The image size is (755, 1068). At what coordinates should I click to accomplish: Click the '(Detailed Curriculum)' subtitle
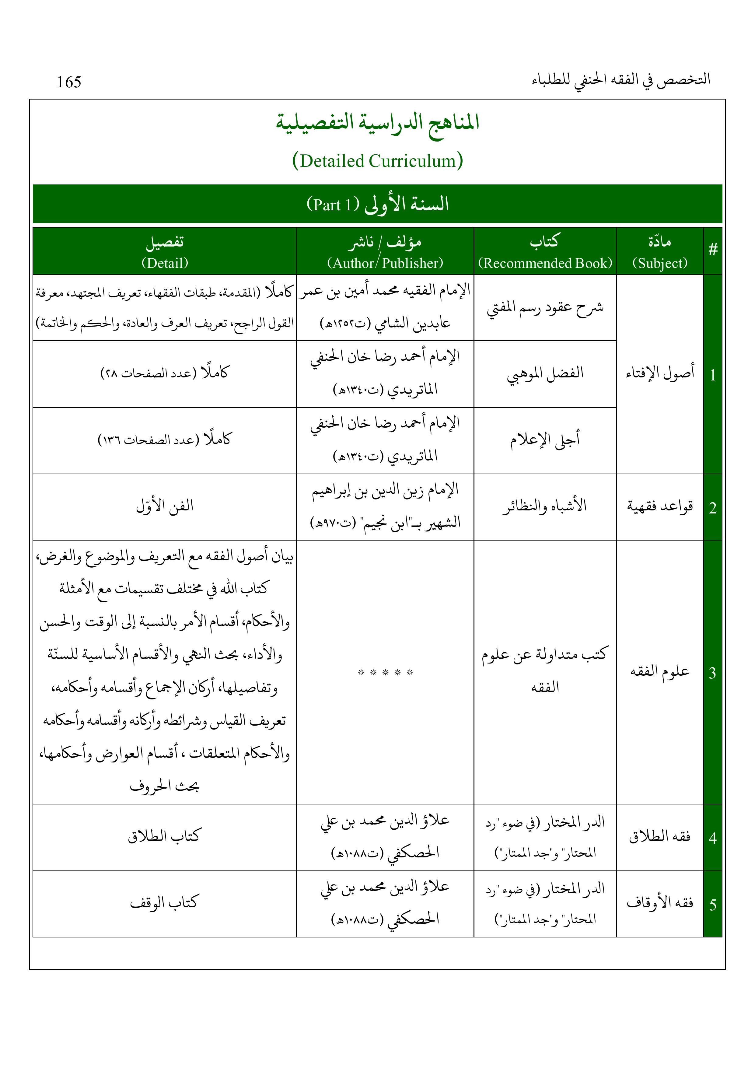377,161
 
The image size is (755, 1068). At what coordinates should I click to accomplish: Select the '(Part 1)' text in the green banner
333,205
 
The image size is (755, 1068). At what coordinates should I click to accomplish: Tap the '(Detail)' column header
165,263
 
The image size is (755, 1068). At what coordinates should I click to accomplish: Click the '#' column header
712,250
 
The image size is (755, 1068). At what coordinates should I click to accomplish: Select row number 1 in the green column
712,375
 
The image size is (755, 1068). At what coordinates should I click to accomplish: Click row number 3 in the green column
712,673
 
